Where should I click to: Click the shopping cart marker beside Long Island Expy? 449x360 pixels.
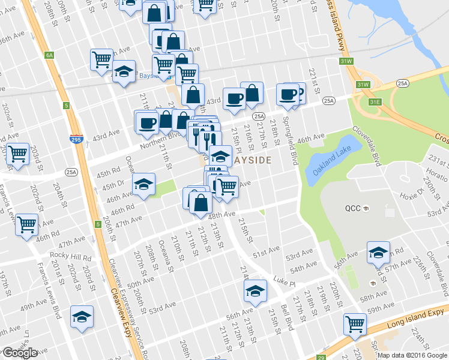[x=355, y=324]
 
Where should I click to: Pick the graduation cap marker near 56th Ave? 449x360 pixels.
[x=255, y=292]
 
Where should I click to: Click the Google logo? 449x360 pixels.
[x=20, y=353]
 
